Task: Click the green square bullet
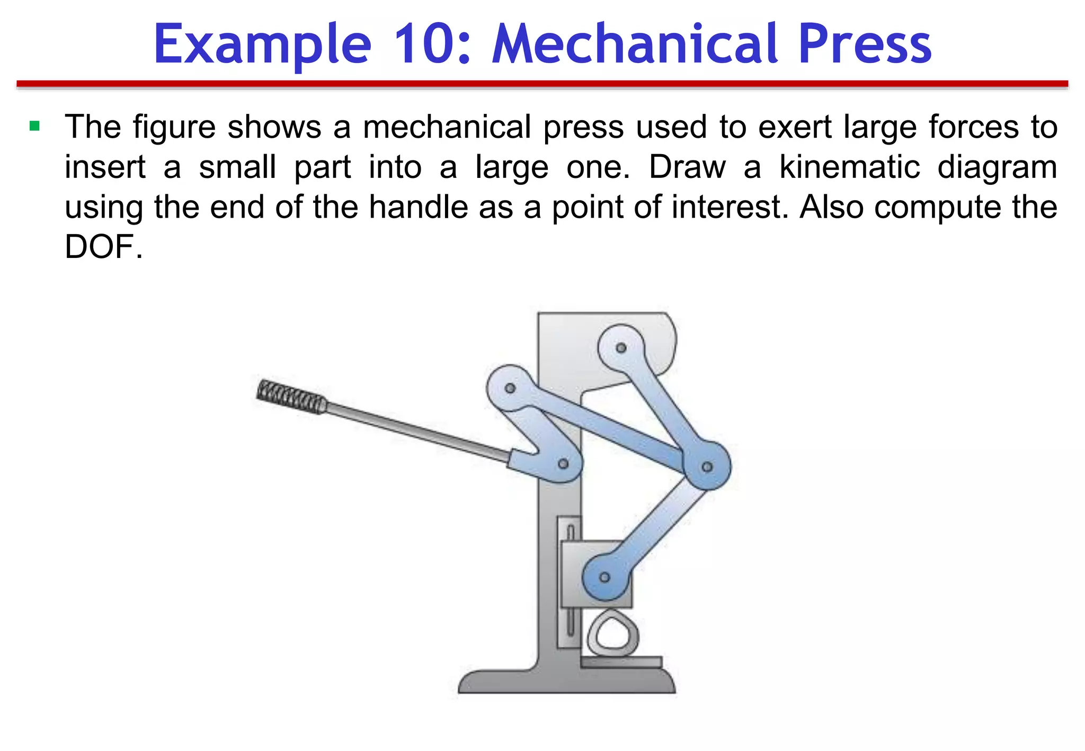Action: [35, 126]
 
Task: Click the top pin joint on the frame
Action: [621, 348]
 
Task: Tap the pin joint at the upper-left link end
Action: [510, 388]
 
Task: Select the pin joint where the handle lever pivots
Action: [563, 464]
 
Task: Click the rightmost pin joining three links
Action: [707, 467]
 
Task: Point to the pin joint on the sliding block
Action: [604, 577]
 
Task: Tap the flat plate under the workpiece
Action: [621, 662]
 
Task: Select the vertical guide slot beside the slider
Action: [571, 580]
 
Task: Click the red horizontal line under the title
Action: [542, 84]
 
